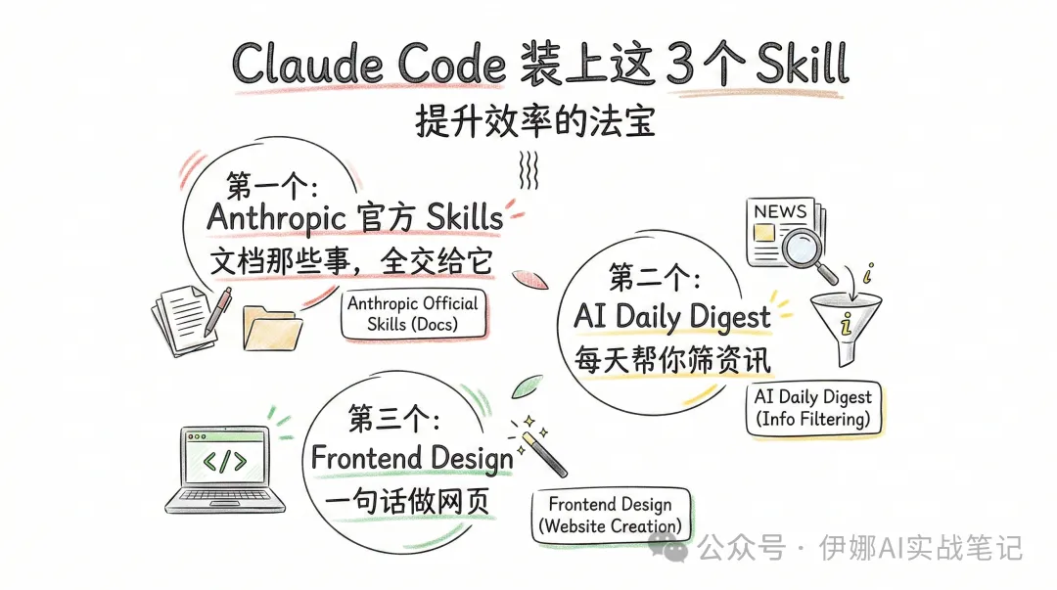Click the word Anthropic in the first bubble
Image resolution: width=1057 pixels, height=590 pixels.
click(277, 217)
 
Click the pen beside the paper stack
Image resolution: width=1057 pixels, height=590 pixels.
click(217, 311)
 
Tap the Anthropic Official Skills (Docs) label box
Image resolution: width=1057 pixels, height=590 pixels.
click(413, 313)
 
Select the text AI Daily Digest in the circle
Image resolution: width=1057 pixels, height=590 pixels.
click(671, 316)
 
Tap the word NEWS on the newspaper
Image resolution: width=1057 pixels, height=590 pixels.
click(780, 211)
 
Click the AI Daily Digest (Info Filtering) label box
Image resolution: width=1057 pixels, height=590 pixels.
click(812, 408)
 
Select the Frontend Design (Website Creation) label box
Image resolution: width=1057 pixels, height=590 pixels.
click(610, 515)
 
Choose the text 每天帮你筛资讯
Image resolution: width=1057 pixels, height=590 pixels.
click(672, 358)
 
